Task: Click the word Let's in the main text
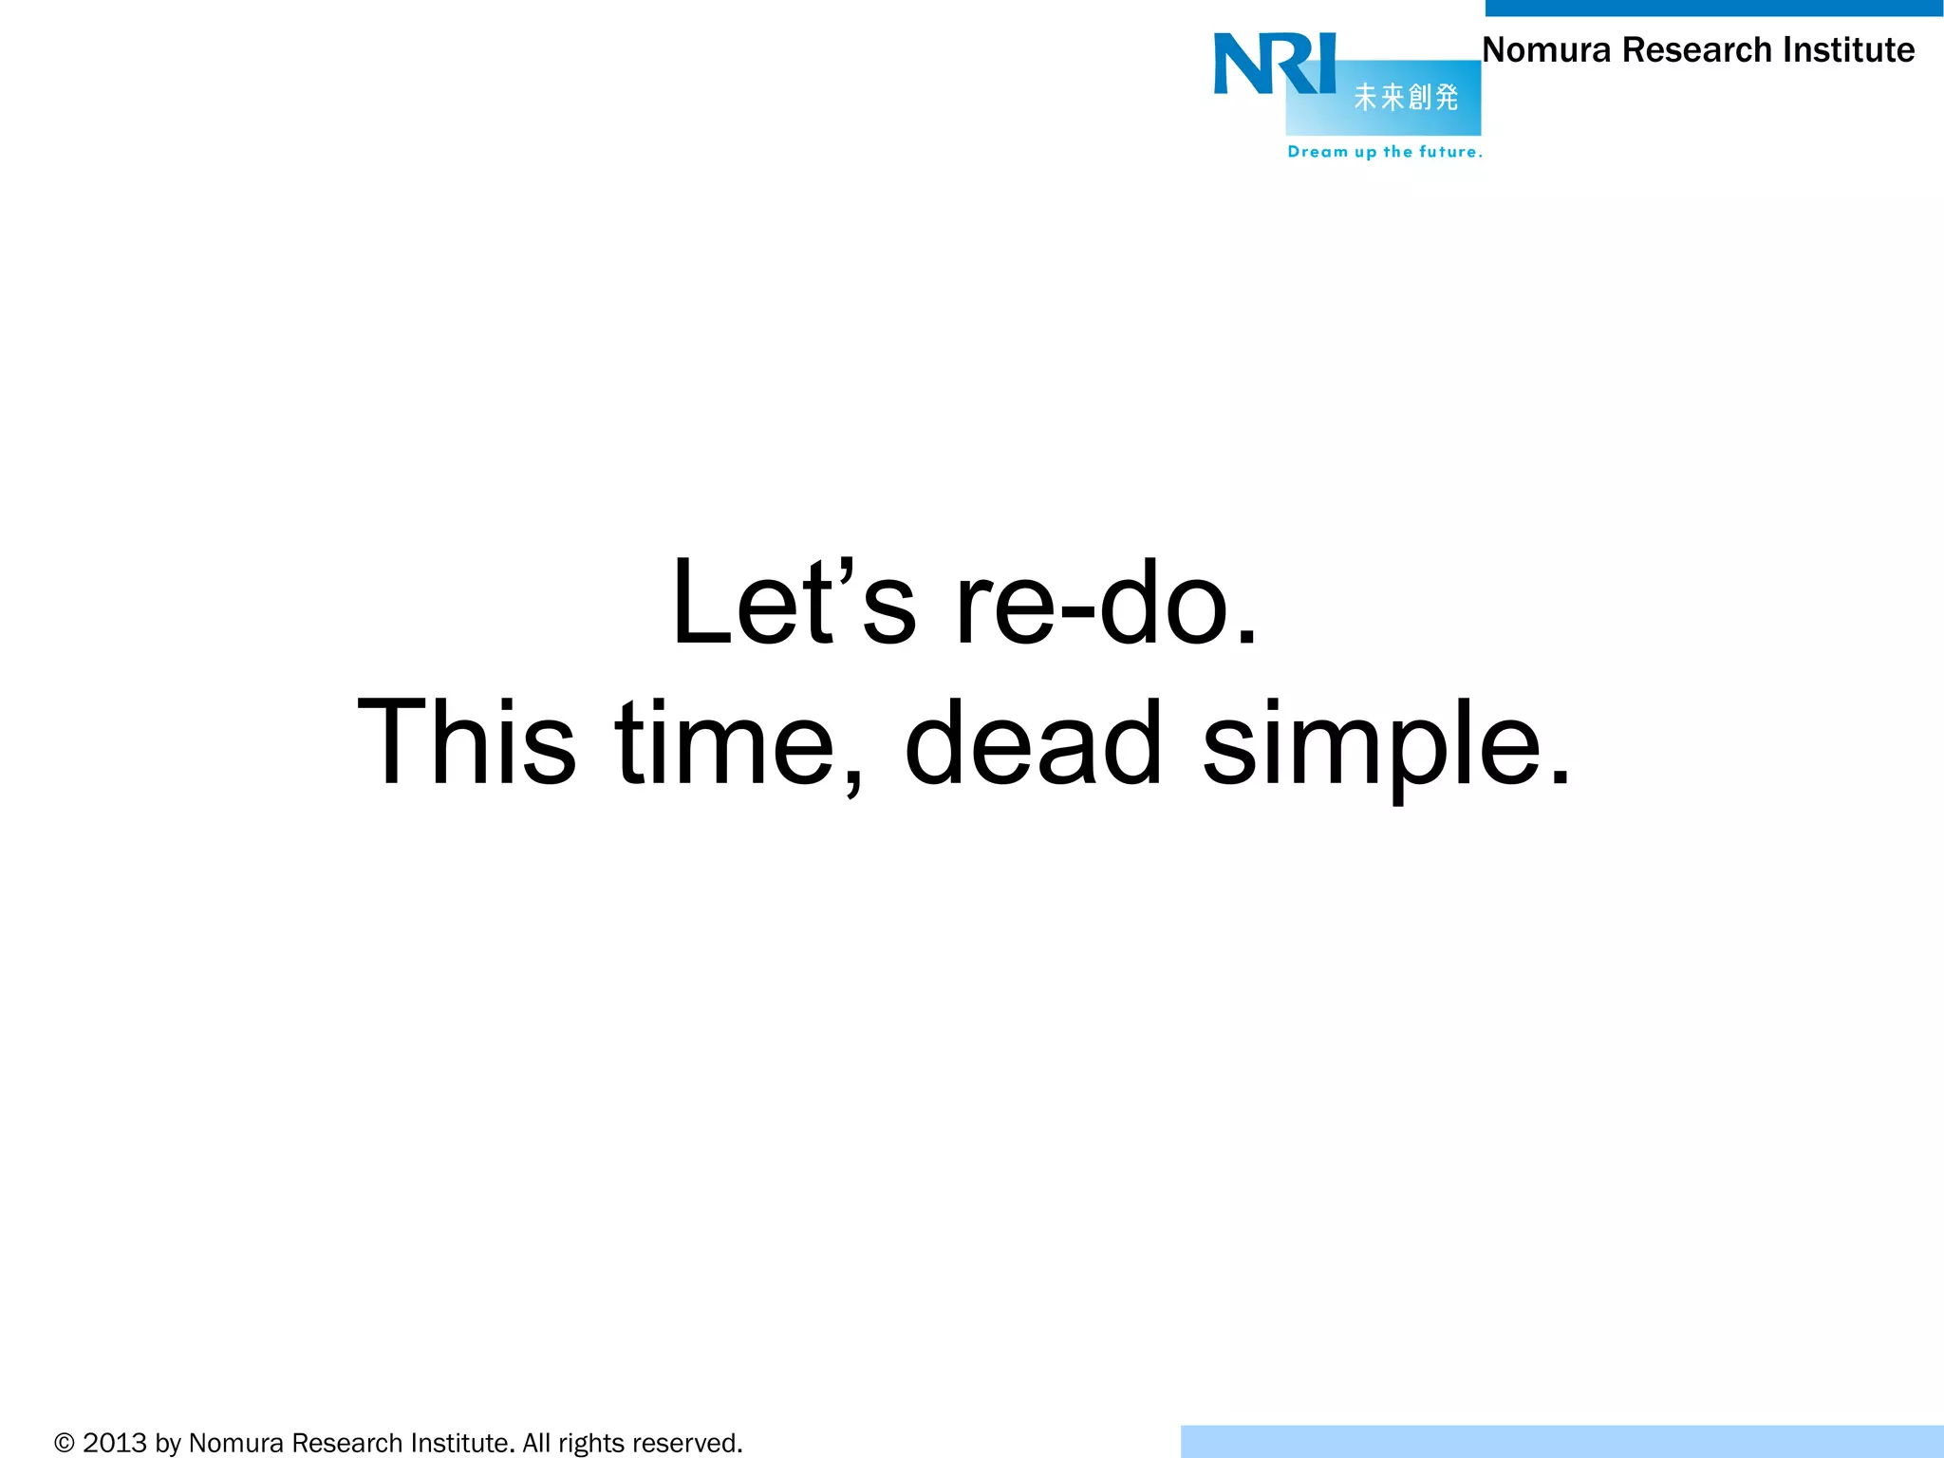794,603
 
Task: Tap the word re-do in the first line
1106,603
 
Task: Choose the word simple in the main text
1386,745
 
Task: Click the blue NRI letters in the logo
1275,64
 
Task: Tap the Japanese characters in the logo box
1406,97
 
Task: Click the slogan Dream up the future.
1384,152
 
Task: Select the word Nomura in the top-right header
1546,49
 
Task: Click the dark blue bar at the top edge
1713,8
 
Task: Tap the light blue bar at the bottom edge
1561,1441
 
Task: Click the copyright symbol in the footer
65,1444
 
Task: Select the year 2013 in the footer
115,1444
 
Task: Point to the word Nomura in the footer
236,1444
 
